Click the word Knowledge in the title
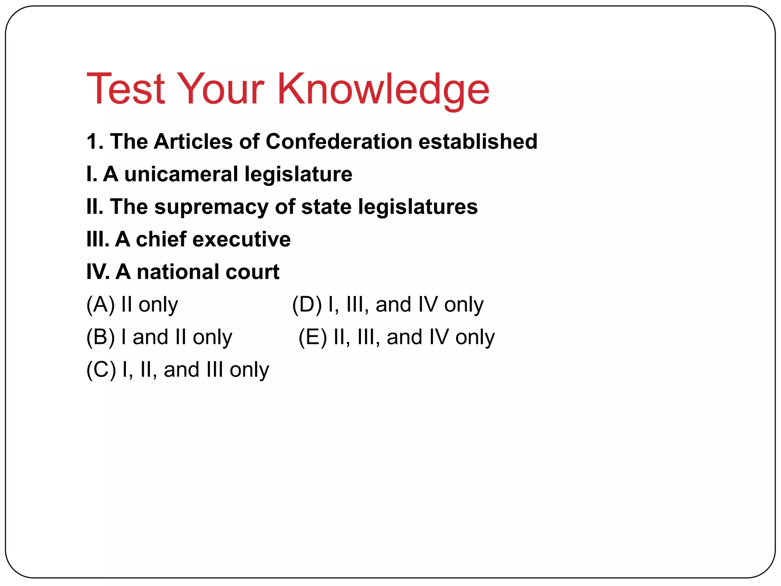[383, 89]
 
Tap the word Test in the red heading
[126, 89]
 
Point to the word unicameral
[181, 174]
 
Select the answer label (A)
[100, 305]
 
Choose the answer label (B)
[100, 337]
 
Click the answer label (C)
[101, 370]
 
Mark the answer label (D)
[307, 305]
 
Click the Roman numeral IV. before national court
[98, 272]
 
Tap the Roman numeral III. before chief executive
[98, 240]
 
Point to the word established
[478, 142]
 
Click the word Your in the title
[221, 89]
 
